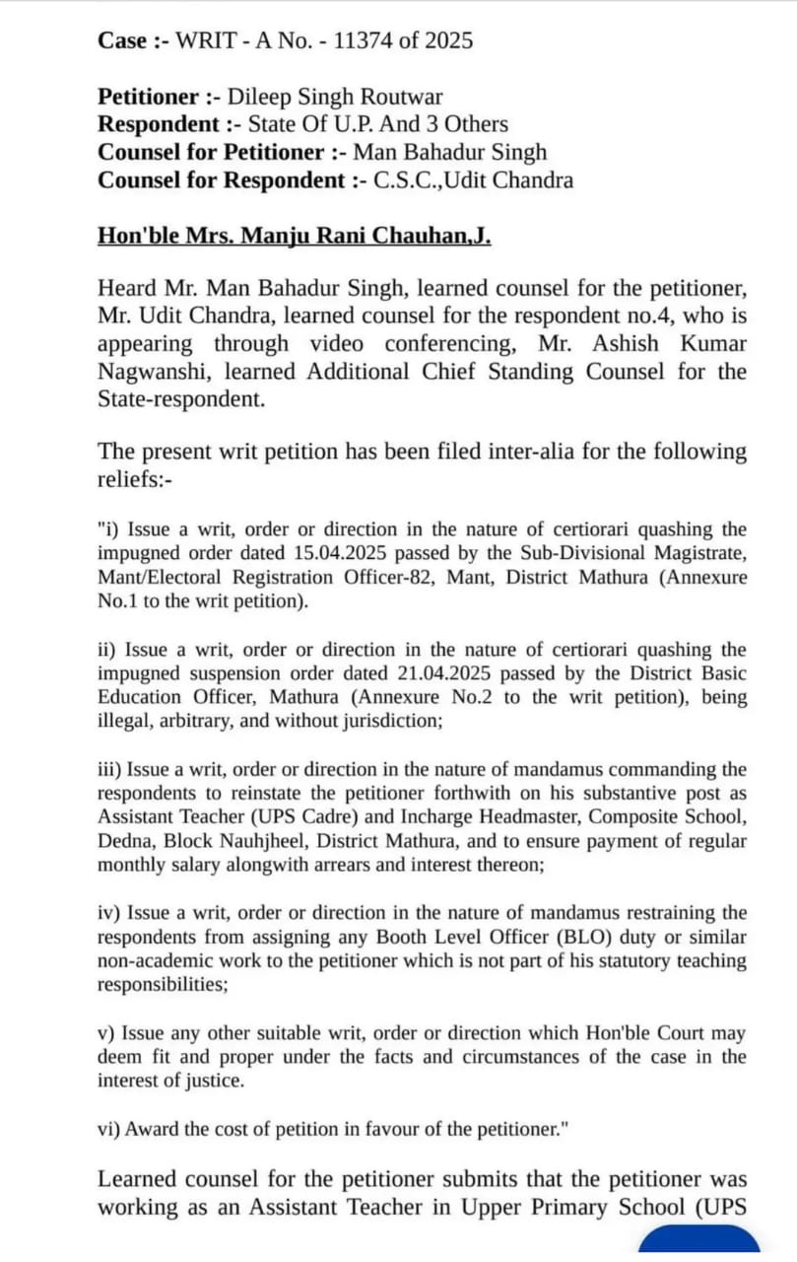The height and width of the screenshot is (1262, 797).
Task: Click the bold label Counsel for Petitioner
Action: click(x=211, y=152)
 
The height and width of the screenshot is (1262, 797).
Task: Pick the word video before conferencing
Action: click(x=336, y=344)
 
